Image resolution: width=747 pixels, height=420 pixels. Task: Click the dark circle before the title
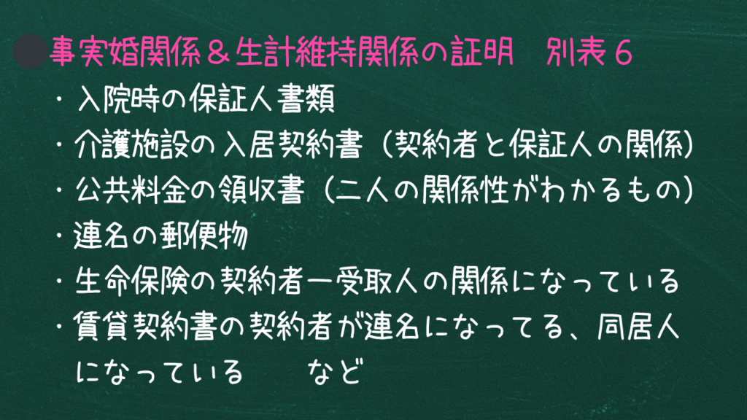(30, 51)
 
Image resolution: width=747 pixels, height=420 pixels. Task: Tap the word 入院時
(117, 98)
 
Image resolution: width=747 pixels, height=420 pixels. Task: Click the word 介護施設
(131, 144)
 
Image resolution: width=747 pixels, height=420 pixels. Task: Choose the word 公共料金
(131, 190)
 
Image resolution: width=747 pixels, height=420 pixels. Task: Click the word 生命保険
(131, 281)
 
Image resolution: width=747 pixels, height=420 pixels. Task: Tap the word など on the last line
(336, 371)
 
